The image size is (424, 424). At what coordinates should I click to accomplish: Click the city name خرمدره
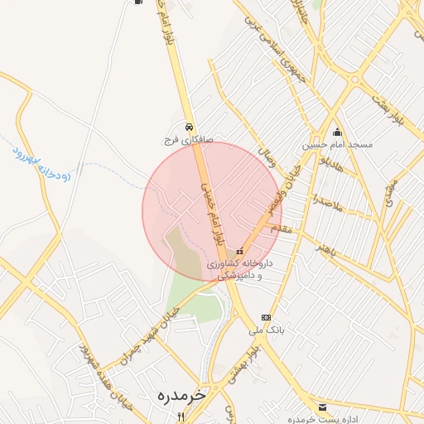tap(181, 396)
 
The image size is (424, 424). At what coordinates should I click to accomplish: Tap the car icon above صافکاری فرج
tap(190, 128)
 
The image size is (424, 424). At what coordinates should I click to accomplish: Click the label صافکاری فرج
tap(188, 140)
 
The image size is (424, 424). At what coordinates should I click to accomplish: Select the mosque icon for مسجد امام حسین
tap(337, 132)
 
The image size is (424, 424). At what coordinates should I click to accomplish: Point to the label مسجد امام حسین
tap(337, 144)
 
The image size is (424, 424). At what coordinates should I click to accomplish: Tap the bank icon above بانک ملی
tap(265, 317)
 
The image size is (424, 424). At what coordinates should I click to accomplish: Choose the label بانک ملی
tap(267, 330)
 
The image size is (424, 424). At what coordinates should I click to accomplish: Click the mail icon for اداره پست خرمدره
tap(322, 407)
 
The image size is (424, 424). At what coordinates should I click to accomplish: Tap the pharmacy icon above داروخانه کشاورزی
tap(240, 251)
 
